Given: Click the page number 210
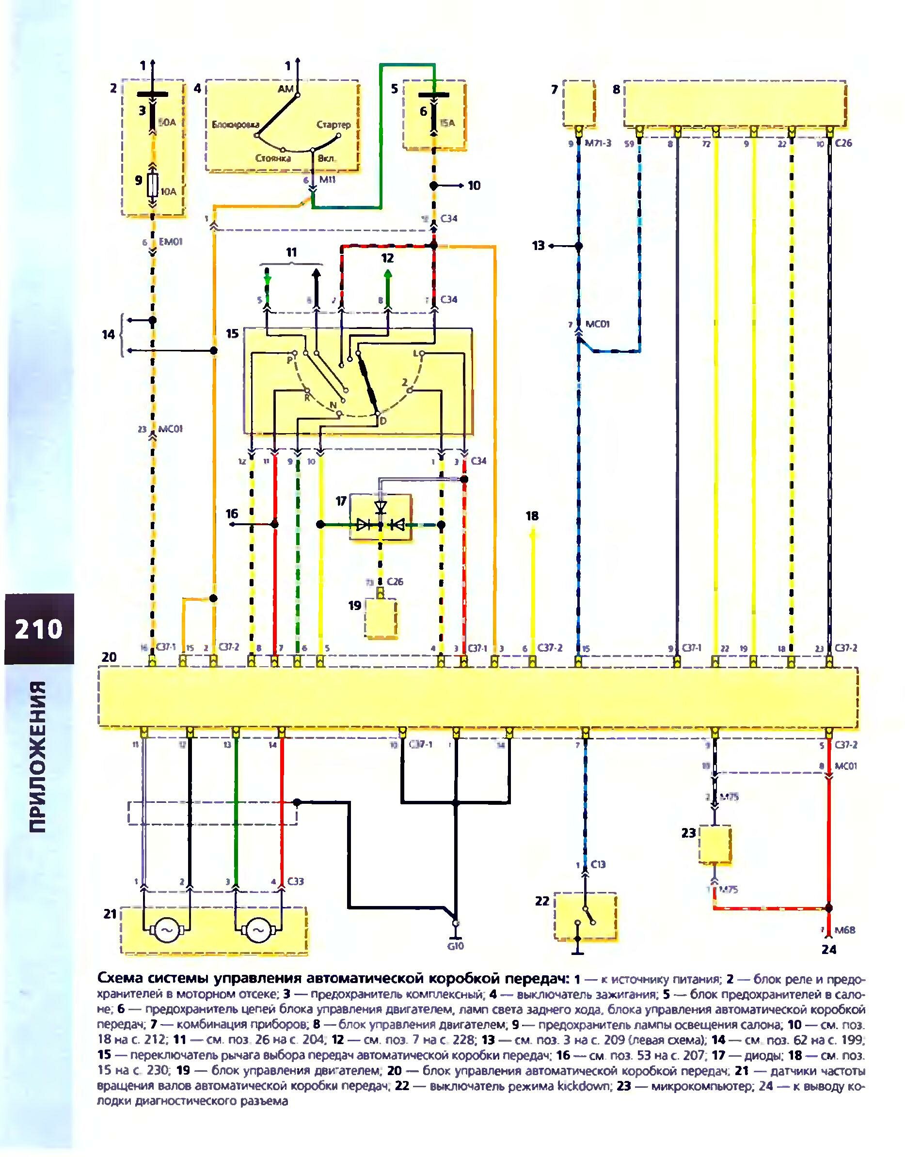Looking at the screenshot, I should click(x=39, y=629).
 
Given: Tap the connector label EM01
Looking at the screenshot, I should click(x=170, y=242).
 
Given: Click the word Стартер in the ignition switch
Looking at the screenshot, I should click(x=333, y=125).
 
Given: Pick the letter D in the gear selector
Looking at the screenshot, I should click(x=381, y=421).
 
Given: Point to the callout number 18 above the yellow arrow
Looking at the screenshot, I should click(x=532, y=516).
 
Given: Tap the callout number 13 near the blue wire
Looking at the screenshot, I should click(x=539, y=246).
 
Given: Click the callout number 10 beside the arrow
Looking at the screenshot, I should click(x=474, y=186).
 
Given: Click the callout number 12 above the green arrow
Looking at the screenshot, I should click(x=388, y=258).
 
